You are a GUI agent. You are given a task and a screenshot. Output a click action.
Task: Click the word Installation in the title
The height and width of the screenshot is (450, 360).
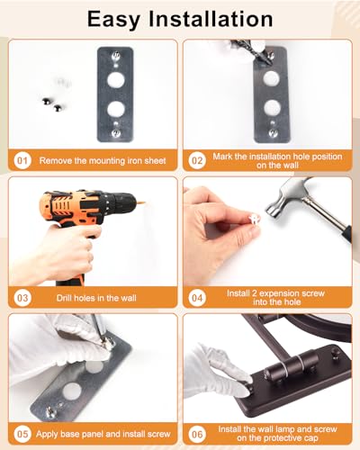point(211,19)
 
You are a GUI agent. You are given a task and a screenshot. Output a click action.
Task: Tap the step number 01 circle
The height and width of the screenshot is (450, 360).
point(22,160)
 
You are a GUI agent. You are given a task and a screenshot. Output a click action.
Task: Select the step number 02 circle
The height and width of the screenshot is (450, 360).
point(197,160)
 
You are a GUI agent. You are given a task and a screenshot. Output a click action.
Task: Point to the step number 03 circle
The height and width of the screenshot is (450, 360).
point(22,298)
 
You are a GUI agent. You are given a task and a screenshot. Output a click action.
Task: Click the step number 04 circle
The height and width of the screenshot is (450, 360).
point(197,298)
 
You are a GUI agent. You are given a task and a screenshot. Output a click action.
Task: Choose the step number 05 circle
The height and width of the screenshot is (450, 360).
point(22,434)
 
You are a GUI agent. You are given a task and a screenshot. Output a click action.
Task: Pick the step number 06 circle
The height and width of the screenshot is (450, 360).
point(197,434)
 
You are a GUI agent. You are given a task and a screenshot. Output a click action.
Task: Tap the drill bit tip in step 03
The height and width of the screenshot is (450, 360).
point(144,203)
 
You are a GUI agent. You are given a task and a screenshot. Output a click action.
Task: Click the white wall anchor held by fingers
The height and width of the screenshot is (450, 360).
point(253,219)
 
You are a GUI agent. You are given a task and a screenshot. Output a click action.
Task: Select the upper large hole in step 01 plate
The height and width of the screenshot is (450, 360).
point(116,79)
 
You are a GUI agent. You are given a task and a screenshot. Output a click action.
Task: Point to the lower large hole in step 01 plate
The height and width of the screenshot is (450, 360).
point(116,110)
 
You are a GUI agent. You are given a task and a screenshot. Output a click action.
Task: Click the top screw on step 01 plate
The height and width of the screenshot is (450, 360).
point(116,56)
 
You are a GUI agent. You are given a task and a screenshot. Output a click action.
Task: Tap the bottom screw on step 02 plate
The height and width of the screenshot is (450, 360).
point(273,132)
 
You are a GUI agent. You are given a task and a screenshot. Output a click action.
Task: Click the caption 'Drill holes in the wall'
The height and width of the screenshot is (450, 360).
point(96,298)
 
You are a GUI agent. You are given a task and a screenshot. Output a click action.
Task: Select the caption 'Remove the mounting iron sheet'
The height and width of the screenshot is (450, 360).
point(103,160)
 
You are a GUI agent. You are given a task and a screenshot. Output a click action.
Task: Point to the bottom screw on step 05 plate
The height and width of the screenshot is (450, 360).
point(51,412)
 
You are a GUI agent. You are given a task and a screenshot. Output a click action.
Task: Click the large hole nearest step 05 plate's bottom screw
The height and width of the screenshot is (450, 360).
point(72,391)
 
